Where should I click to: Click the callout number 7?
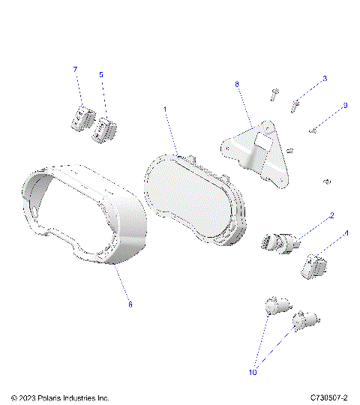coord(75,69)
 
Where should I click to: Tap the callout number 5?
coord(101,74)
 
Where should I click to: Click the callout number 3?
coord(324,78)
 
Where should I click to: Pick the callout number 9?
coord(344,106)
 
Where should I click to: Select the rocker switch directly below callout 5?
coord(104,129)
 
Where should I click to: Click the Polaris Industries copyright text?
coord(60,397)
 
